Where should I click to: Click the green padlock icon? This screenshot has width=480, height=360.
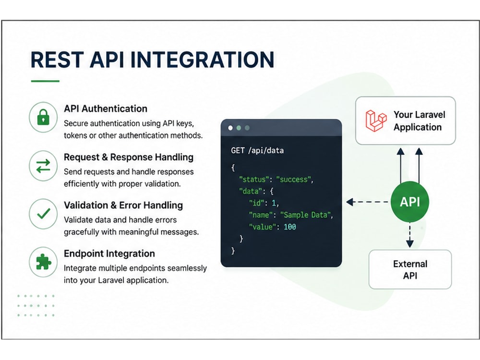43,117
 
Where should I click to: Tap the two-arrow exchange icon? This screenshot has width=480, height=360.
43,166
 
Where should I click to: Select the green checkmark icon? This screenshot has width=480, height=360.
44,214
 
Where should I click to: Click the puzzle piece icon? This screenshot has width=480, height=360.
44,262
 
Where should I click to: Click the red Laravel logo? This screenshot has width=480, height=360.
376,120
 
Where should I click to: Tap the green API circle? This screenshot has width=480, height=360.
409,202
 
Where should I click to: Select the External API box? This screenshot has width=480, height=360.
410,269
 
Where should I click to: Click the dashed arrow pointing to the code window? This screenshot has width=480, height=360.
367,202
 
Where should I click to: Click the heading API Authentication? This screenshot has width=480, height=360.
106,108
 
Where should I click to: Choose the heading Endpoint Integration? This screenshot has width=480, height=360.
109,253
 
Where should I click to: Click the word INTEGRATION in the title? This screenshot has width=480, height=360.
203,60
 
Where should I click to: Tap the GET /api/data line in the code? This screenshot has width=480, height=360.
257,150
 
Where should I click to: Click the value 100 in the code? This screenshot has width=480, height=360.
289,227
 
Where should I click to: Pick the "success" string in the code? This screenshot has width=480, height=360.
294,180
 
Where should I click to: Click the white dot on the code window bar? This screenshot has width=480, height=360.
230,128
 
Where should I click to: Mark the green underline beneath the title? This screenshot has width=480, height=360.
45,81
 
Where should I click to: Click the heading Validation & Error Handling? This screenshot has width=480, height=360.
123,205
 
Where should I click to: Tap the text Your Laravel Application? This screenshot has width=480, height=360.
419,120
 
